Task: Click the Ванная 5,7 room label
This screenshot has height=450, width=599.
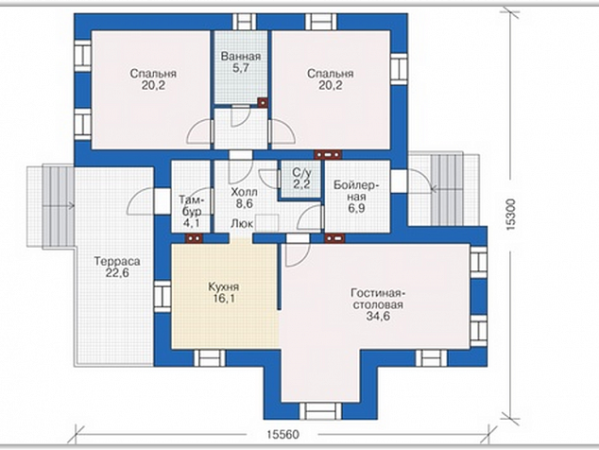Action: (241, 62)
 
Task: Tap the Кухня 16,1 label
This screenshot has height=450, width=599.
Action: (224, 292)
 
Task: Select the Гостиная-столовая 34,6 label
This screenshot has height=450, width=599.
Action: (378, 304)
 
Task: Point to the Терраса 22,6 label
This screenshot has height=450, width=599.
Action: (117, 268)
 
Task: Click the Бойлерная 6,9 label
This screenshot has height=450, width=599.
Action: (356, 197)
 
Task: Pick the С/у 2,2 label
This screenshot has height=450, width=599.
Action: (301, 178)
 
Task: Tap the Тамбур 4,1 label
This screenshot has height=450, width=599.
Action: (192, 212)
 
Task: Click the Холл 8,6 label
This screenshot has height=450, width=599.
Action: (244, 198)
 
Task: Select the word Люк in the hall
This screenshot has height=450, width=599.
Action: (242, 224)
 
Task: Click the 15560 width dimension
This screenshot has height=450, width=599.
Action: (282, 435)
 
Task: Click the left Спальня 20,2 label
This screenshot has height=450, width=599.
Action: (153, 79)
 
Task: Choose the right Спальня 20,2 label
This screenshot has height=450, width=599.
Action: (331, 79)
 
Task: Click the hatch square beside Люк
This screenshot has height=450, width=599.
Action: (266, 223)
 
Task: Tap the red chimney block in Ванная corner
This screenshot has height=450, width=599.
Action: (263, 102)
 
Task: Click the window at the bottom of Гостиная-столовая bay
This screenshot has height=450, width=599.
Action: (320, 411)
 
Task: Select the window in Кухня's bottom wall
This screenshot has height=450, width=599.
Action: (210, 358)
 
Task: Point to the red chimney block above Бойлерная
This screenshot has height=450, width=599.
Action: (328, 154)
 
